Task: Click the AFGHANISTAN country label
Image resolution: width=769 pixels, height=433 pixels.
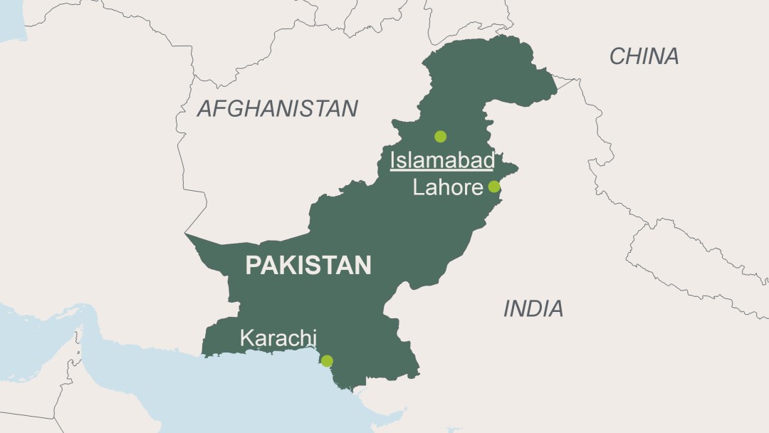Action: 277,108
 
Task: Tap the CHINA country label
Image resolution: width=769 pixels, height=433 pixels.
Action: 644,56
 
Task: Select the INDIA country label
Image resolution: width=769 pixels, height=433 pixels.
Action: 533,308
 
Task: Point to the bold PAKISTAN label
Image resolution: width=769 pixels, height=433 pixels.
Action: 308,266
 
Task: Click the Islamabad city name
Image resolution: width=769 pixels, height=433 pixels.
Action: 441,160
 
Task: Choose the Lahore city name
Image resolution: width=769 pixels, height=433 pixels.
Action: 448,187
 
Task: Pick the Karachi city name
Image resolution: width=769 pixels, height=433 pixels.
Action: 278,338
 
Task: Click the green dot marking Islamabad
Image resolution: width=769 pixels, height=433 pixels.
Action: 440,136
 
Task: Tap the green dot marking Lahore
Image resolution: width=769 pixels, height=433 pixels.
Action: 493,187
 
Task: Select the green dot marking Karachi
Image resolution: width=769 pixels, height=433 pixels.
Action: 327,361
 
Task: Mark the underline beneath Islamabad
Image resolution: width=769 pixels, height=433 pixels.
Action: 441,171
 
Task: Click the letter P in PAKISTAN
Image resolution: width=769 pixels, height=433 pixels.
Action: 253,266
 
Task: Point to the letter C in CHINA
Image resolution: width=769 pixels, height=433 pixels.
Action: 617,56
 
